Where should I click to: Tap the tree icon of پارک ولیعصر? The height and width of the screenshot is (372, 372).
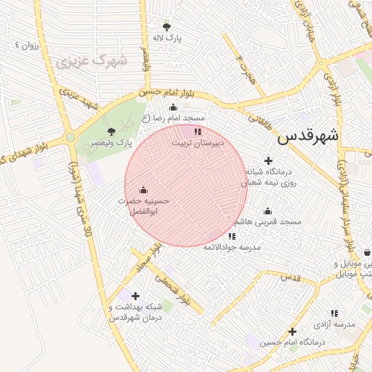(111, 132)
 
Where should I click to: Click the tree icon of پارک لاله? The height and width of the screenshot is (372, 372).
(167, 27)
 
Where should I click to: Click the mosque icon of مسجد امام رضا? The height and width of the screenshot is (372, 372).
(173, 108)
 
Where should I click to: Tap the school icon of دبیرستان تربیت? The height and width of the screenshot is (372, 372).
(198, 132)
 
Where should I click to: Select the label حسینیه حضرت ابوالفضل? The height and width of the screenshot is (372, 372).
(142, 205)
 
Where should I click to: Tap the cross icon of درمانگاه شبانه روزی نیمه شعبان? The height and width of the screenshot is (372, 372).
(269, 161)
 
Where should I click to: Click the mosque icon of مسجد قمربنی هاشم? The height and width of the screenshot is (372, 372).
(268, 211)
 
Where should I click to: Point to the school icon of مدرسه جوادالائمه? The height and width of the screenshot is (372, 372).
(232, 236)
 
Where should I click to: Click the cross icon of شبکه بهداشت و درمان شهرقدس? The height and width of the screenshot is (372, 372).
(135, 296)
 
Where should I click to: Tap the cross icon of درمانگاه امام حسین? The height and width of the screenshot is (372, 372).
(292, 331)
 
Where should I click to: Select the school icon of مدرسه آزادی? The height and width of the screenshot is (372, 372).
(334, 312)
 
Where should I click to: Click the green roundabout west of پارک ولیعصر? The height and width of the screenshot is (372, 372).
(70, 137)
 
